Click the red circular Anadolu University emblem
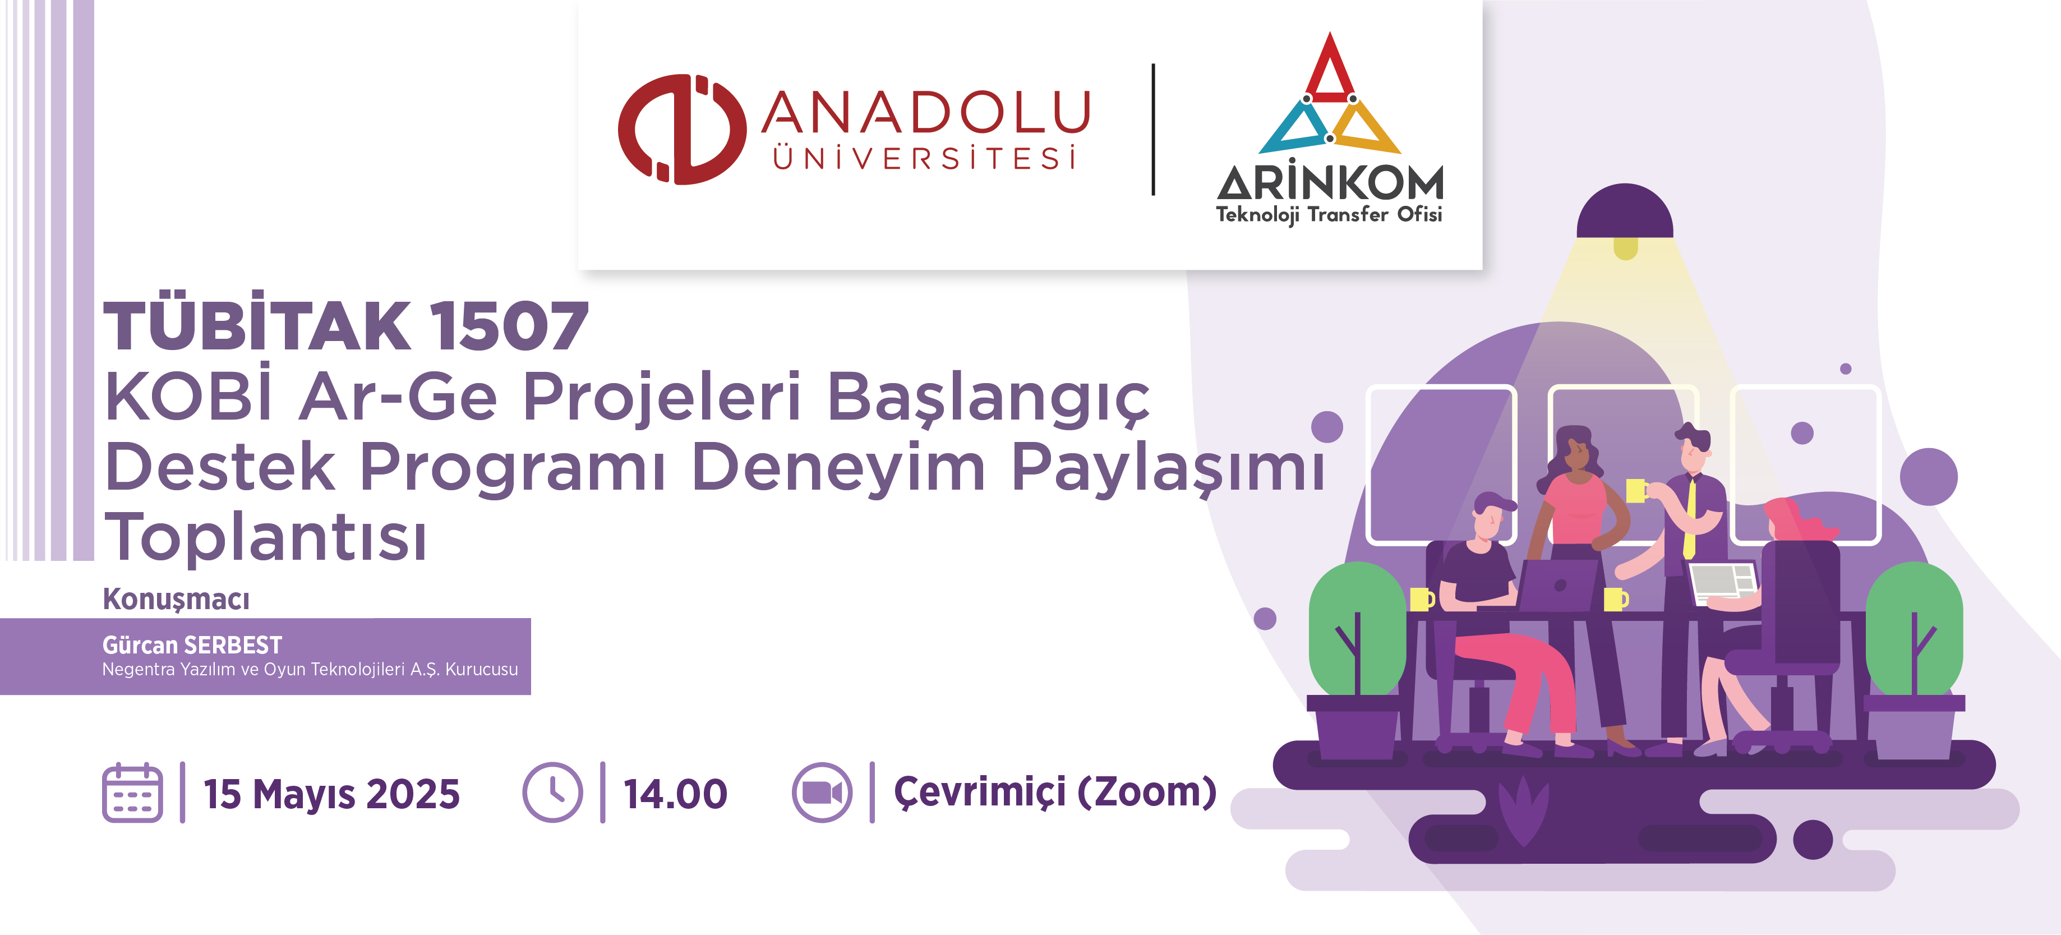[681, 130]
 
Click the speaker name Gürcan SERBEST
[192, 644]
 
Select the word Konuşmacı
[176, 599]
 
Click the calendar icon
[133, 793]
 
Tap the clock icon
[553, 793]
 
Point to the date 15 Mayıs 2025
[332, 795]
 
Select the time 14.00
[675, 794]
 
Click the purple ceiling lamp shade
[1625, 211]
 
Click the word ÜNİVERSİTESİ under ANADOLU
[924, 157]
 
